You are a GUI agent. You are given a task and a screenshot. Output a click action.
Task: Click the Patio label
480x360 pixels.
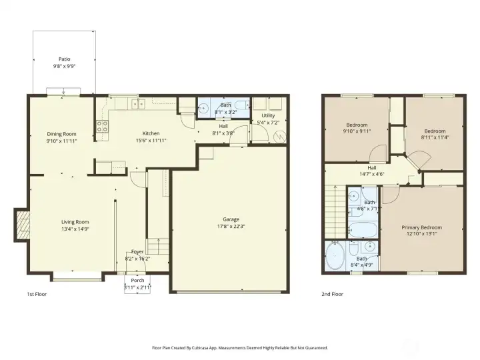pos(64,59)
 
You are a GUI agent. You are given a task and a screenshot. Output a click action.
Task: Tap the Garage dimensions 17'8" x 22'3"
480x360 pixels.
pos(231,227)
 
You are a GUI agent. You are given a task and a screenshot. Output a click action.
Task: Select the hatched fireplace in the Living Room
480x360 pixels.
pos(23,225)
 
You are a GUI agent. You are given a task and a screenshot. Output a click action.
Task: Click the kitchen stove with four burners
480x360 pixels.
pos(103,127)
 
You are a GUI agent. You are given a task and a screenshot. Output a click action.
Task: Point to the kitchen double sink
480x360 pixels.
pos(139,104)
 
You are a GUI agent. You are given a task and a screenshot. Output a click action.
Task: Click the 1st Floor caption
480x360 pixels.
pos(37,294)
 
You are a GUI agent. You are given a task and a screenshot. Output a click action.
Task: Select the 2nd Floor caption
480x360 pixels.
pos(332,294)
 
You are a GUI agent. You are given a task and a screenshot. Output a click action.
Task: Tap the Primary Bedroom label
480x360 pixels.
pos(421,227)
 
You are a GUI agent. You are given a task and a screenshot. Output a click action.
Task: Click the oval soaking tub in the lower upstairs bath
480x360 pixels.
pos(335,256)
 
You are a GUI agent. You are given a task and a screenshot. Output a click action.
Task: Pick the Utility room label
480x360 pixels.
pos(268,115)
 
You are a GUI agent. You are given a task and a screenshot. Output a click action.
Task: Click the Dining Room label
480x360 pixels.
pos(61,134)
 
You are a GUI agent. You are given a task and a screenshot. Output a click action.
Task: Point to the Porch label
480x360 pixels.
pos(137,281)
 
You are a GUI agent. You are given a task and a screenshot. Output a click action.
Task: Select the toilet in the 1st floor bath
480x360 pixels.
pos(242,105)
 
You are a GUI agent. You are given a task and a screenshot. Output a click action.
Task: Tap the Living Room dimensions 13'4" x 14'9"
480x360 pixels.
pos(75,229)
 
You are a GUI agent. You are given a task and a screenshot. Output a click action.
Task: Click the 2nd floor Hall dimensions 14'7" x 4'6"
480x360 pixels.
pos(371,174)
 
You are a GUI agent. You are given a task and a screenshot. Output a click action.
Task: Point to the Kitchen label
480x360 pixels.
pos(151,133)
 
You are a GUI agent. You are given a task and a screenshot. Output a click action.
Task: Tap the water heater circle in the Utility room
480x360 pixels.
pos(280,136)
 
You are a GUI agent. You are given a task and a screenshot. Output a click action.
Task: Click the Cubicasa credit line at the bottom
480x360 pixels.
pos(240,348)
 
